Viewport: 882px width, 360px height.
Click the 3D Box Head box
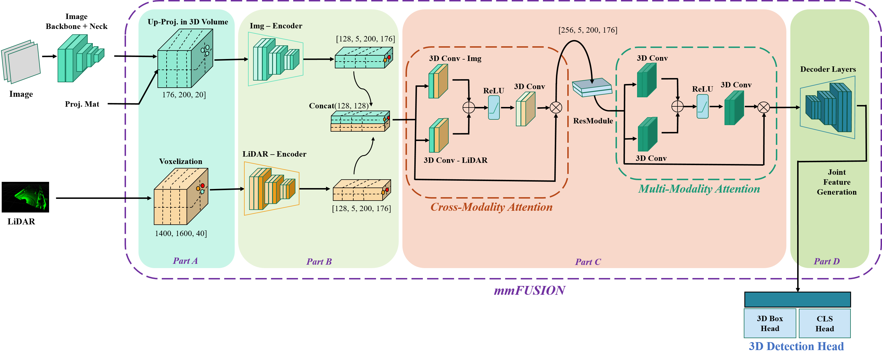click(770, 323)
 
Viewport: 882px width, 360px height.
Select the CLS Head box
click(824, 323)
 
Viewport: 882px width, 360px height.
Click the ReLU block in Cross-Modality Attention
click(494, 108)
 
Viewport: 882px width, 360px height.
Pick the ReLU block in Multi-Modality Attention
click(703, 106)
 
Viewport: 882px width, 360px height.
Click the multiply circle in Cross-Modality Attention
click(556, 108)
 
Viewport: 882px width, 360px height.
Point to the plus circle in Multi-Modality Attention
click(677, 106)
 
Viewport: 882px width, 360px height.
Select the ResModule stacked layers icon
click(592, 87)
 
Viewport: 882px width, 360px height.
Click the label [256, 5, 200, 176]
click(587, 30)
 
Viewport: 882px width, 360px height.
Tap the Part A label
click(185, 261)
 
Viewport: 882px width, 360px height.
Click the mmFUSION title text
click(529, 290)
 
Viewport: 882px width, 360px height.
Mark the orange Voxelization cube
click(180, 197)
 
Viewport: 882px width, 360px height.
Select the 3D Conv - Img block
click(438, 81)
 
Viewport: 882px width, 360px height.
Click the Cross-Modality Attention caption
click(491, 207)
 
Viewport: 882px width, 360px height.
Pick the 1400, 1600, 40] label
click(181, 233)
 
